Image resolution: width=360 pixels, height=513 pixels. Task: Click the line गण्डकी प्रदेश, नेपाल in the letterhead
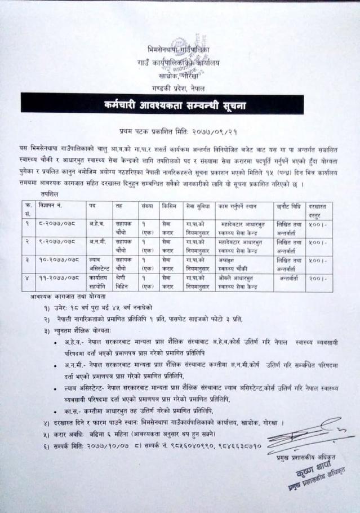179,89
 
